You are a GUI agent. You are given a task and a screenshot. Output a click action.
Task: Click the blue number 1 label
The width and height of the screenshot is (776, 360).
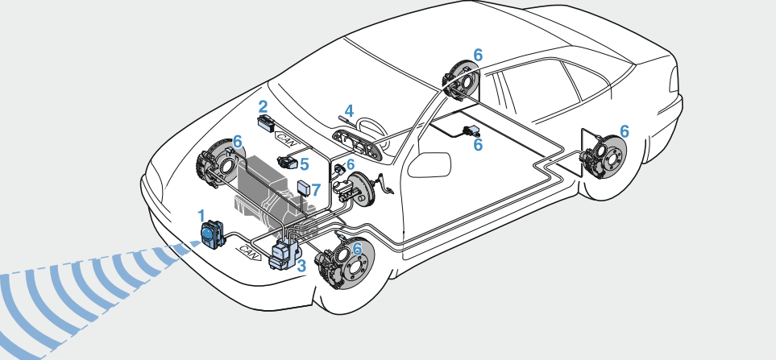tap(201, 215)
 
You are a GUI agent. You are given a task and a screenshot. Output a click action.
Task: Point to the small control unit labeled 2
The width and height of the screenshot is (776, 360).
tap(266, 123)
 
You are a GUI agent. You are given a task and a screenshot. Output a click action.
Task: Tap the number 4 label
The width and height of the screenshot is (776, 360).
tap(348, 110)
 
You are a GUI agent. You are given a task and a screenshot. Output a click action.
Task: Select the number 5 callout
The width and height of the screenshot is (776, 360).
tap(304, 164)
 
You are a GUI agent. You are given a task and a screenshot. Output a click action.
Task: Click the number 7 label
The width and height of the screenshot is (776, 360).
tap(316, 191)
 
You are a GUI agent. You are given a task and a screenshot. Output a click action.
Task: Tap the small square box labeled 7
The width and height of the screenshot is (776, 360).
tap(304, 190)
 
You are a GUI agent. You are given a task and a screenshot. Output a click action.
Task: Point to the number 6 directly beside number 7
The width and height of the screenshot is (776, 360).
tap(350, 165)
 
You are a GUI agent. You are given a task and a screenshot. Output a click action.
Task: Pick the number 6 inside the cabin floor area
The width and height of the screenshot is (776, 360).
tap(478, 144)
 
